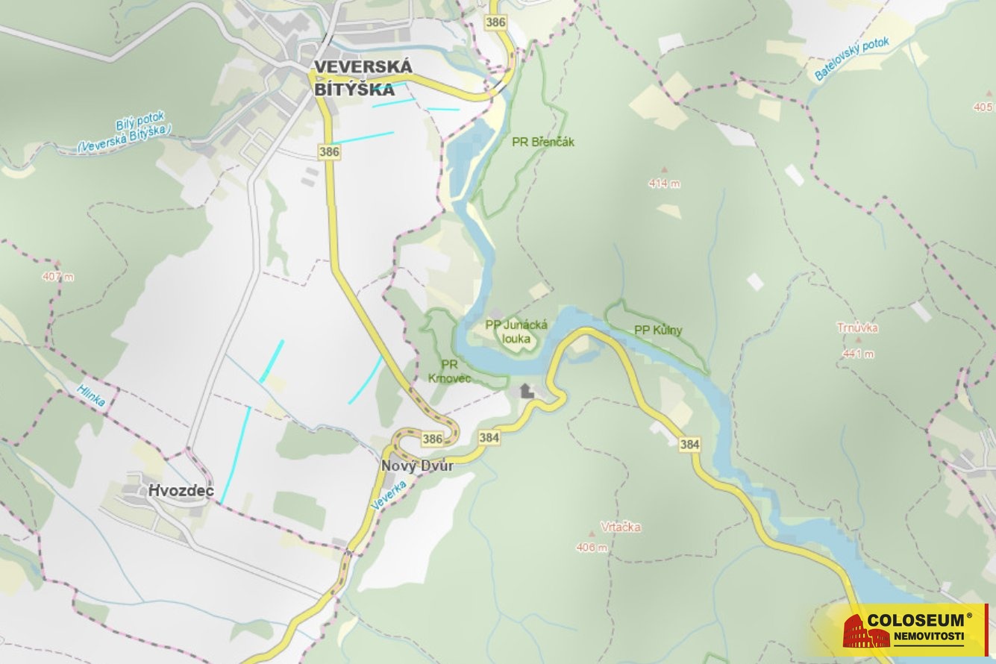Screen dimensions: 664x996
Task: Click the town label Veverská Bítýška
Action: [x=363, y=78]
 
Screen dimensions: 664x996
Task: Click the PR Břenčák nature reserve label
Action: [x=543, y=142]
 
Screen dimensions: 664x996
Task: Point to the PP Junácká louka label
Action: [x=516, y=331]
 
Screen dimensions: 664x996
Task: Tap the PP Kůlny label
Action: [x=658, y=330]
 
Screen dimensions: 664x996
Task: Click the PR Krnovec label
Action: [x=449, y=371]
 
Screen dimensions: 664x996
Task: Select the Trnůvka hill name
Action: [x=857, y=328]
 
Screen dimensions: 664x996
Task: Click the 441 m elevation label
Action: [x=858, y=354]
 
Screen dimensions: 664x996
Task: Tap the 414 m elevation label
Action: [x=664, y=184]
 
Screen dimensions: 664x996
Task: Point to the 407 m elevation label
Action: [x=58, y=277]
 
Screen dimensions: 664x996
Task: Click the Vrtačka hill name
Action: [x=620, y=527]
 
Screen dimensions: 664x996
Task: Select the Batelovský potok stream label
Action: [x=852, y=59]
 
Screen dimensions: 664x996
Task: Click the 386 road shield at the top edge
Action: [x=495, y=22]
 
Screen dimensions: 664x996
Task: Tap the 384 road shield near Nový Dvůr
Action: [x=489, y=437]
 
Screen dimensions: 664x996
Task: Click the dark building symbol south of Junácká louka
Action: [x=527, y=390]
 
